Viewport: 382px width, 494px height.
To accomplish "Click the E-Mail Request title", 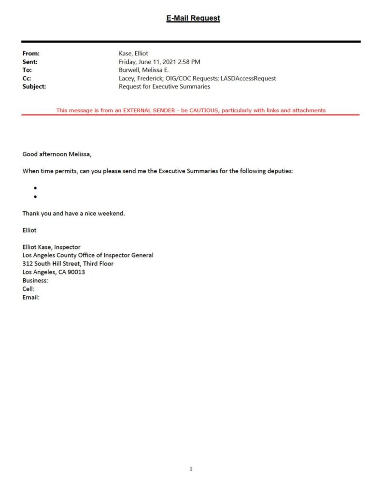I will (x=193, y=18).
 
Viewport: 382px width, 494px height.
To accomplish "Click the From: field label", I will (x=31, y=54).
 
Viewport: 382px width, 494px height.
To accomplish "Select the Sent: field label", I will (x=30, y=62).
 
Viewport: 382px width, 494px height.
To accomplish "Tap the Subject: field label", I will (x=34, y=86).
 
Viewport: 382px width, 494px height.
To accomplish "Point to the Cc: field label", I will (x=27, y=78).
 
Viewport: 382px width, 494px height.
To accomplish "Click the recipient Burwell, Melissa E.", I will (x=143, y=70).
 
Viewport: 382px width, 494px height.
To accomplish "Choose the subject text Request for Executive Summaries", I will (x=164, y=86).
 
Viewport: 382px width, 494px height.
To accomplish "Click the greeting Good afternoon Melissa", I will (x=57, y=154).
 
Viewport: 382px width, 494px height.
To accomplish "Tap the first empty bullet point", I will (x=36, y=188).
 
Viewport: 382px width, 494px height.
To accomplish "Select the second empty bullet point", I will (x=36, y=197).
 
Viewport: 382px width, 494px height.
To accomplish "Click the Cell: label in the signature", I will (x=28, y=288).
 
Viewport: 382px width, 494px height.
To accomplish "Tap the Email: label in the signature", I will (x=31, y=297).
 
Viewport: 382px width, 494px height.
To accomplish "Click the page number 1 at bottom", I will (x=191, y=468).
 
